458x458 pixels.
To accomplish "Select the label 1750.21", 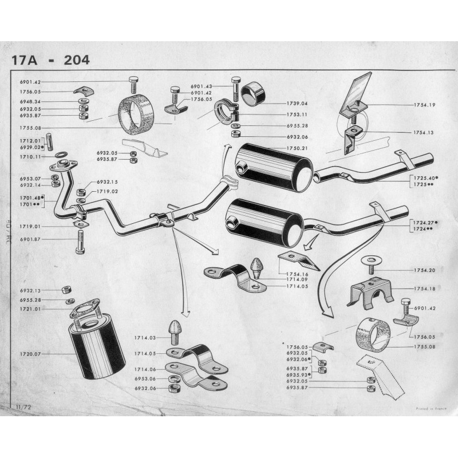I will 297,149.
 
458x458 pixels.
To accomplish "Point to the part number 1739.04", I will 297,104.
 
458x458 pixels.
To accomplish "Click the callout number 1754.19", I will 424,105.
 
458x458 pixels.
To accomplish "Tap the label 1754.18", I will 424,289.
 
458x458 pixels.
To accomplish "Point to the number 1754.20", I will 424,270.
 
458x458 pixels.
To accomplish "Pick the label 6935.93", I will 298,374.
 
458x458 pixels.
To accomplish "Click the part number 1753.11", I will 297,114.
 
